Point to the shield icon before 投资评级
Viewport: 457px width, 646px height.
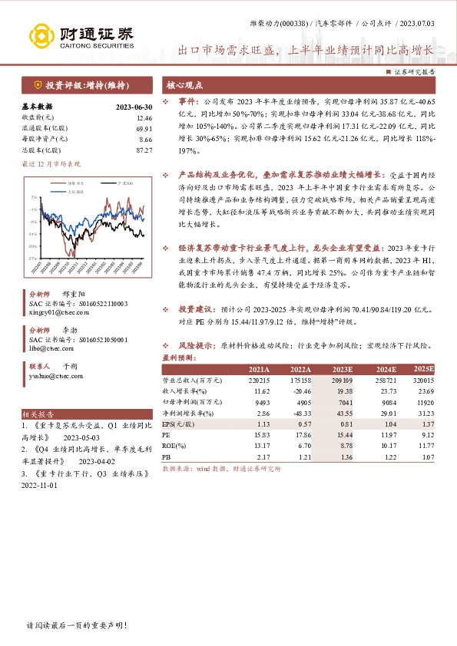click(x=37, y=84)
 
